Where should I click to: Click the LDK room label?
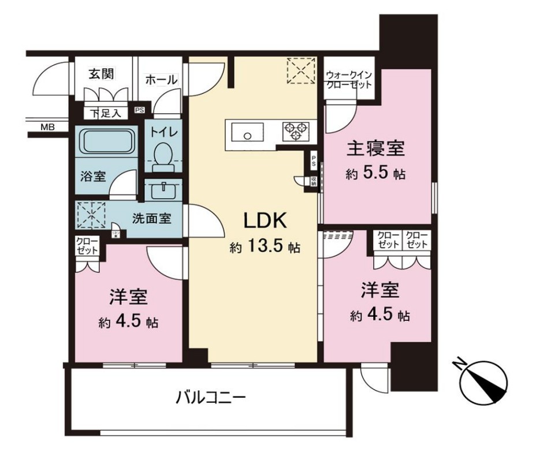[264, 220]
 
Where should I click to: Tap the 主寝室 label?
[375, 149]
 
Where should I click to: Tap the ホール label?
[161, 80]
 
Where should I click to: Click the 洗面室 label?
[151, 219]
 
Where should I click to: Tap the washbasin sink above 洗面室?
[162, 189]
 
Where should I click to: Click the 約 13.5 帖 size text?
[264, 248]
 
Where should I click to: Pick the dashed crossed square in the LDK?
[300, 70]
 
